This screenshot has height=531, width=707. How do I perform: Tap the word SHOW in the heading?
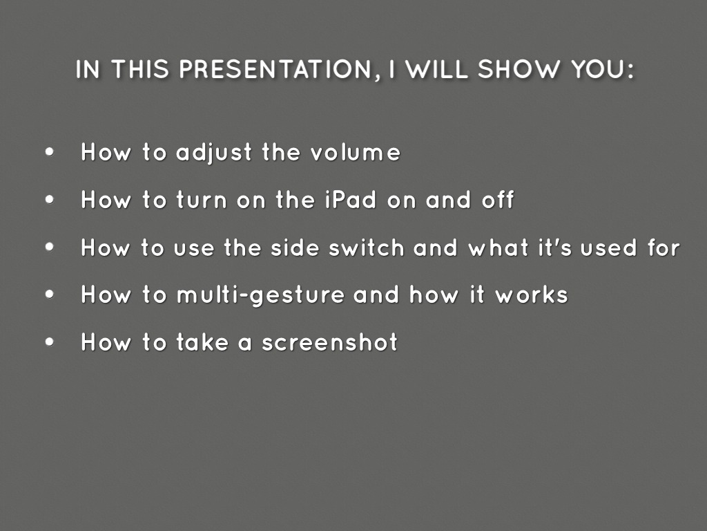(519, 69)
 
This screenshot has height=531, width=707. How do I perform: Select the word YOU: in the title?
(602, 69)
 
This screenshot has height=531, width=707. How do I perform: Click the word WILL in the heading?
(436, 69)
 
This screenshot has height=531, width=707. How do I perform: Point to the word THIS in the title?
(139, 69)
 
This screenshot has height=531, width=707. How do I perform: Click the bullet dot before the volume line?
(50, 151)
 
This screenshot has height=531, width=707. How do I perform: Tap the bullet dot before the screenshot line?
(50, 342)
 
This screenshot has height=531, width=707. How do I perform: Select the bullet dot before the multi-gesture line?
(50, 295)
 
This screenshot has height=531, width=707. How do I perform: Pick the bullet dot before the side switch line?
(50, 247)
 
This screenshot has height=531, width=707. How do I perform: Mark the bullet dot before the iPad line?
(50, 200)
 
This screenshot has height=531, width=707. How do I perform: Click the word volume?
(356, 152)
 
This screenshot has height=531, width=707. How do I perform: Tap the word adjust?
(214, 153)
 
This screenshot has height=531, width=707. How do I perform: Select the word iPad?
(350, 200)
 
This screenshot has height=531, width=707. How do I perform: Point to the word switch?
(366, 248)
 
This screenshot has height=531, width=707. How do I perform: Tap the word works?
(532, 295)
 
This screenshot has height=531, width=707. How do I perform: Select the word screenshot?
(329, 342)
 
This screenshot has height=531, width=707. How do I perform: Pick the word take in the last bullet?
(202, 342)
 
